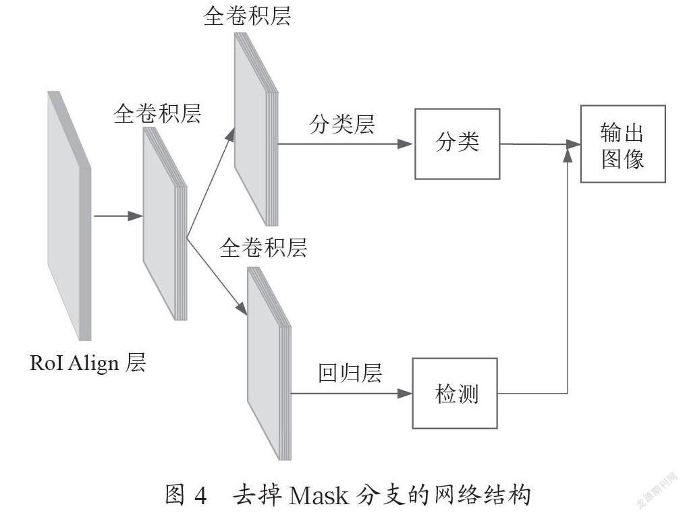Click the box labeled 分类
click(457, 144)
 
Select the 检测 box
click(455, 394)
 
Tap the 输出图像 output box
click(622, 144)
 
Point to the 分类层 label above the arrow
click(341, 124)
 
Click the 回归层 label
click(350, 373)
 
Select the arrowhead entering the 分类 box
click(405, 144)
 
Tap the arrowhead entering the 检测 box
click(404, 394)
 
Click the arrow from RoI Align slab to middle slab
click(118, 216)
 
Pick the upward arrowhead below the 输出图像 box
click(567, 154)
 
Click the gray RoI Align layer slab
click(70, 216)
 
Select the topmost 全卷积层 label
click(247, 16)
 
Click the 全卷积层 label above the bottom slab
click(263, 248)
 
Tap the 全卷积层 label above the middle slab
click(157, 114)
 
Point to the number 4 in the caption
click(200, 495)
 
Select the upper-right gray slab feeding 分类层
click(256, 129)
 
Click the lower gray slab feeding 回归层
click(269, 363)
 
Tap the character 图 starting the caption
click(176, 495)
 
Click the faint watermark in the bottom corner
click(657, 490)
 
